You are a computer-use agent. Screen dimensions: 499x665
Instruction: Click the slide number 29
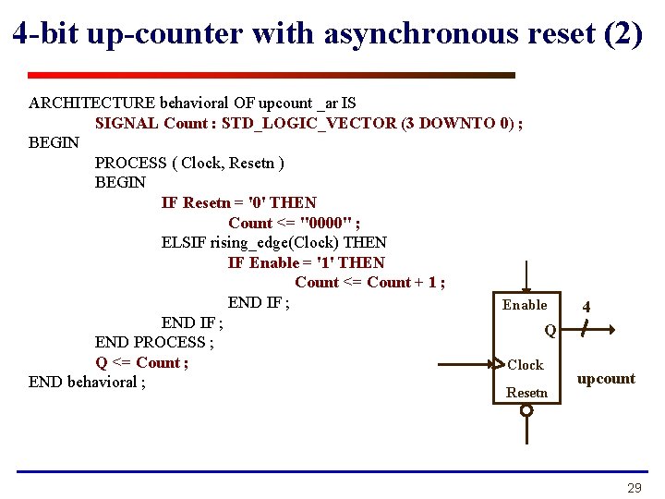(x=634, y=487)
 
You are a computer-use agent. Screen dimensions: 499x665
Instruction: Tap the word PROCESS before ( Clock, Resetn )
(x=131, y=163)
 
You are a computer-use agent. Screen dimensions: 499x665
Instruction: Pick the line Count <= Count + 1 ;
(x=369, y=282)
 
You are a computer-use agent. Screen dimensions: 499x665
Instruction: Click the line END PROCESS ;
(x=154, y=342)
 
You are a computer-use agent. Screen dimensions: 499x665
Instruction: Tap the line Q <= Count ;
(x=141, y=362)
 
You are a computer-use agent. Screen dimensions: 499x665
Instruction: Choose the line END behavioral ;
(x=87, y=382)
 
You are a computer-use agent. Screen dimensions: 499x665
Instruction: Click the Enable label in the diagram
(x=525, y=305)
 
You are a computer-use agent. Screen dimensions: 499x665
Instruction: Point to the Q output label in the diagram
(x=550, y=330)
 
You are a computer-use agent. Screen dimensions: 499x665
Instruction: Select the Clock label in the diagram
(x=526, y=365)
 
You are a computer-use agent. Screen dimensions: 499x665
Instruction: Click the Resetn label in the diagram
(x=526, y=393)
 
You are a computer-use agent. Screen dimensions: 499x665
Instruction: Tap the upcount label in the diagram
(x=606, y=379)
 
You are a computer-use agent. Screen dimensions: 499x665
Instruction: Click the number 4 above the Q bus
(x=586, y=307)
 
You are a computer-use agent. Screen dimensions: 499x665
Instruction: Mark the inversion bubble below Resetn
(x=526, y=409)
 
